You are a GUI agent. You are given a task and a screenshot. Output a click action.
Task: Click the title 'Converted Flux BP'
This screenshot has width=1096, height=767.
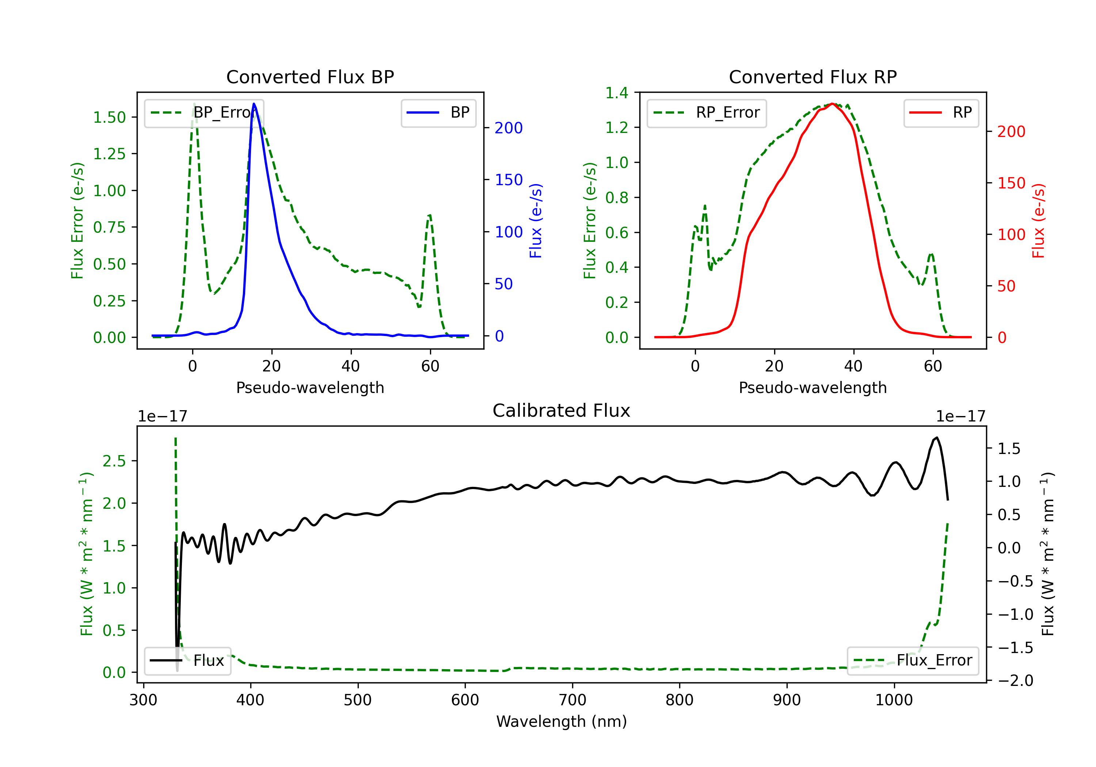310,77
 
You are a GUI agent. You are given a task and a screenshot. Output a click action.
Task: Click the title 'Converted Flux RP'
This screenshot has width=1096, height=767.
813,77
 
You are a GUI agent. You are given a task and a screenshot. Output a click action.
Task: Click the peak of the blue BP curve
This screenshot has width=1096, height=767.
254,104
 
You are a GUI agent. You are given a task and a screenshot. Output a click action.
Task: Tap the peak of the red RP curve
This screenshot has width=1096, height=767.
832,104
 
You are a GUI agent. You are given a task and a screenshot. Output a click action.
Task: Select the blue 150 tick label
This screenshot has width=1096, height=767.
509,180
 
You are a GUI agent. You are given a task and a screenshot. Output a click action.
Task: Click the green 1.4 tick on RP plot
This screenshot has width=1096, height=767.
617,93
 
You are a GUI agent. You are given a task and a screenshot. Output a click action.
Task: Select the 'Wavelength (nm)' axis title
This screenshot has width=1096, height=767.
562,721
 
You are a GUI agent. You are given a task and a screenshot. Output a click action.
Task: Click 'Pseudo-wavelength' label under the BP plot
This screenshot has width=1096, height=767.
310,388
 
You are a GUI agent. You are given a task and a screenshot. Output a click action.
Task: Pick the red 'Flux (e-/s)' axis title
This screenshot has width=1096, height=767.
1039,221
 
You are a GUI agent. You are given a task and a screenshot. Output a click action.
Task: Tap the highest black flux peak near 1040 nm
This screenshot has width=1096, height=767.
937,438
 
